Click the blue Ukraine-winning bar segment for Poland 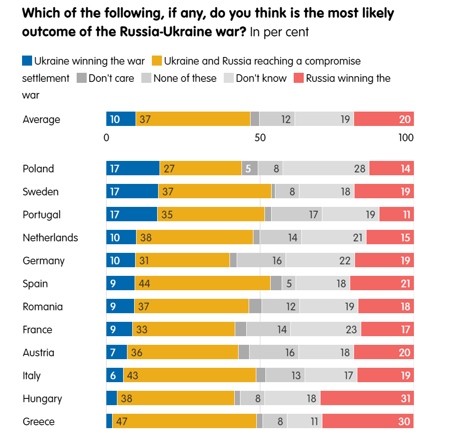click(x=133, y=169)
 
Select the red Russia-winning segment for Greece click(x=368, y=421)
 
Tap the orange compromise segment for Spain click(x=203, y=284)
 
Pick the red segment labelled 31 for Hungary click(x=367, y=398)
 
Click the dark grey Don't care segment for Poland click(x=250, y=169)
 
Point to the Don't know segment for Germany click(x=321, y=261)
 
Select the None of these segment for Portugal click(x=297, y=215)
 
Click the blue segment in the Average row click(x=121, y=119)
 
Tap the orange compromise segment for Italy click(x=189, y=375)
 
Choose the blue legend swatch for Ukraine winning click(x=27, y=61)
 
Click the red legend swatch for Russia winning click(x=298, y=78)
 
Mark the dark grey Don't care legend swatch click(x=81, y=78)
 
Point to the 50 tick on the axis click(x=260, y=138)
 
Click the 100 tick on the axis click(x=406, y=138)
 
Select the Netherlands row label click(x=50, y=238)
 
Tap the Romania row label click(x=43, y=306)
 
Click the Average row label click(x=41, y=119)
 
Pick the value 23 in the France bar click(x=351, y=329)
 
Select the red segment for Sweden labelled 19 click(x=384, y=192)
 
